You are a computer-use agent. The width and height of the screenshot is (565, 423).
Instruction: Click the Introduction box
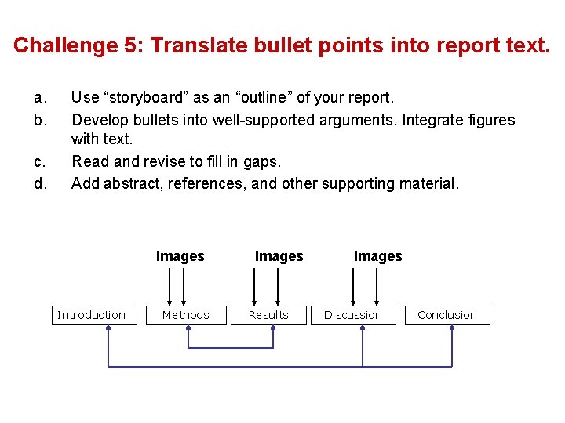pyautogui.click(x=91, y=315)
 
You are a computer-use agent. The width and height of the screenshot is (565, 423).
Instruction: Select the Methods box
pyautogui.click(x=186, y=315)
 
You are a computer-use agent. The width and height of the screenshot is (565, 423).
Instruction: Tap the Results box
pyautogui.click(x=268, y=315)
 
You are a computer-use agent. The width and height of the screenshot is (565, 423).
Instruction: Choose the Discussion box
pyautogui.click(x=353, y=315)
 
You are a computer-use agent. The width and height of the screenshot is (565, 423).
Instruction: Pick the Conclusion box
pyautogui.click(x=447, y=315)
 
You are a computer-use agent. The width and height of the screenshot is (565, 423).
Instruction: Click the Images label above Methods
pyautogui.click(x=180, y=256)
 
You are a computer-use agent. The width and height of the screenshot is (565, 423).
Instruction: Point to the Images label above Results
pyautogui.click(x=279, y=256)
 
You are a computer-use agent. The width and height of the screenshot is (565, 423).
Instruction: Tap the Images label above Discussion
pyautogui.click(x=377, y=256)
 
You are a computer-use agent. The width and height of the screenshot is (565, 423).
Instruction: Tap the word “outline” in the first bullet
pyautogui.click(x=263, y=98)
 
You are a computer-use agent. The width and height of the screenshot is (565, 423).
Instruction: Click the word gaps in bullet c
pyautogui.click(x=263, y=162)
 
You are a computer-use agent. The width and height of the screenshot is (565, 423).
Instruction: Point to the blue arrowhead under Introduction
pyautogui.click(x=108, y=329)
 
